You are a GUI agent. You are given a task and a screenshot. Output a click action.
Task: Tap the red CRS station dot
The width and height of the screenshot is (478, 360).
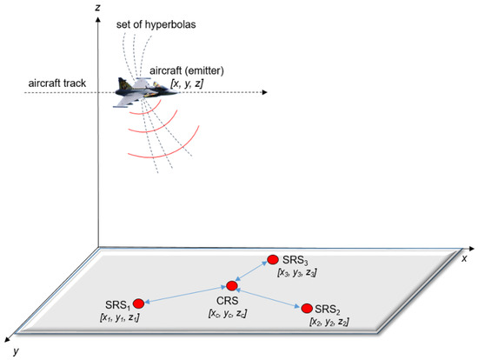click(232, 285)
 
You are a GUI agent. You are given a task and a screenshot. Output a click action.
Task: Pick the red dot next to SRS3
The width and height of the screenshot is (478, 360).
click(273, 259)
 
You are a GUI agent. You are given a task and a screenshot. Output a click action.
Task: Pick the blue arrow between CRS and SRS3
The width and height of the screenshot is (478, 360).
click(252, 272)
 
